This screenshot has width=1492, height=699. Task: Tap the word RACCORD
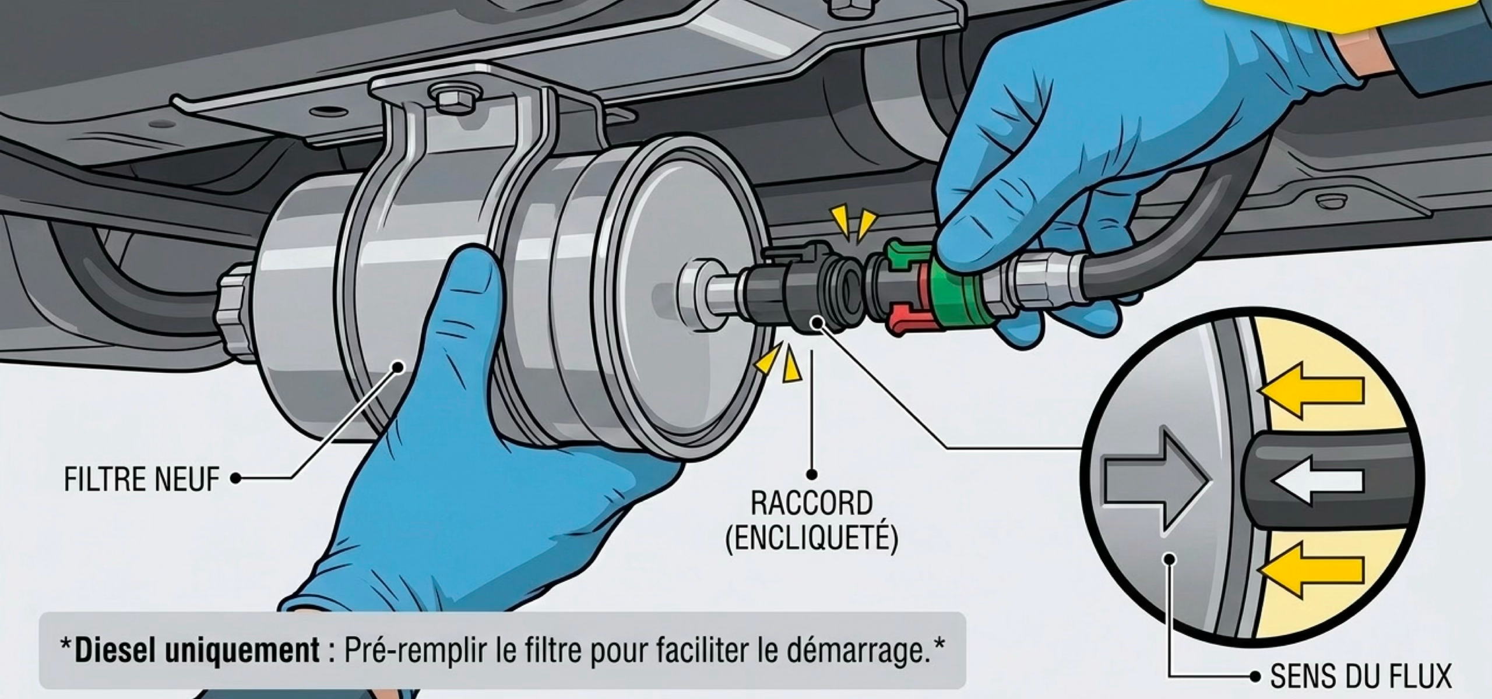pyautogui.click(x=811, y=503)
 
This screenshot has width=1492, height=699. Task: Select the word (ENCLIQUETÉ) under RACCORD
pyautogui.click(x=811, y=537)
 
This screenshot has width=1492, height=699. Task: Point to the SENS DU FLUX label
pyautogui.click(x=1359, y=677)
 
